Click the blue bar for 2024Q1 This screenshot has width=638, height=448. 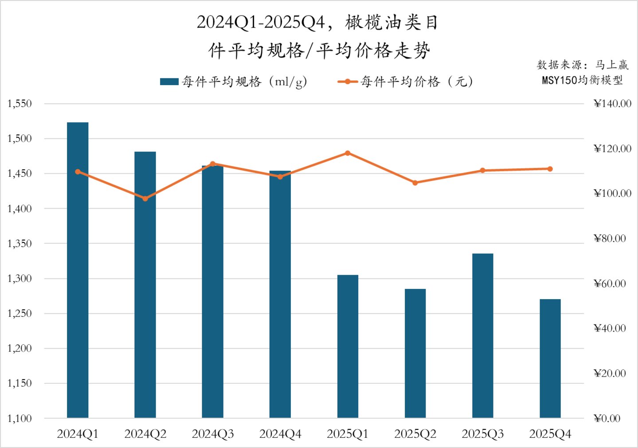(x=78, y=270)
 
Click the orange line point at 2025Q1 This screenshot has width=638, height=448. (x=348, y=153)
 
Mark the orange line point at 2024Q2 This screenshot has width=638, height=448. (x=145, y=199)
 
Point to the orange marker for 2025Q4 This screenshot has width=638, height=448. (x=550, y=169)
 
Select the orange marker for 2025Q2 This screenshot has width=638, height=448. (x=415, y=183)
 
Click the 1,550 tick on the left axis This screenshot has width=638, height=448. (x=20, y=104)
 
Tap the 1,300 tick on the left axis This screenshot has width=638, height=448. (x=20, y=278)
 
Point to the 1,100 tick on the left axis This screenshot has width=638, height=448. (x=20, y=418)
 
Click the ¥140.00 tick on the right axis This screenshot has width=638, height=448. (x=612, y=104)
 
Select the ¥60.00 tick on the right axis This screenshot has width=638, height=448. (x=610, y=283)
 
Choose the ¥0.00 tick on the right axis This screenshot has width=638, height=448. (x=607, y=418)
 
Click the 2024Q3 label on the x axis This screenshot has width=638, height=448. (x=212, y=434)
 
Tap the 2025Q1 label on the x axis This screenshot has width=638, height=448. (x=348, y=434)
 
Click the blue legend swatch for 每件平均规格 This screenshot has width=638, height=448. (x=169, y=82)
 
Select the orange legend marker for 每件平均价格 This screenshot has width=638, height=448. (x=348, y=82)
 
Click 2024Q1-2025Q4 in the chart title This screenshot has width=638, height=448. (x=261, y=22)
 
